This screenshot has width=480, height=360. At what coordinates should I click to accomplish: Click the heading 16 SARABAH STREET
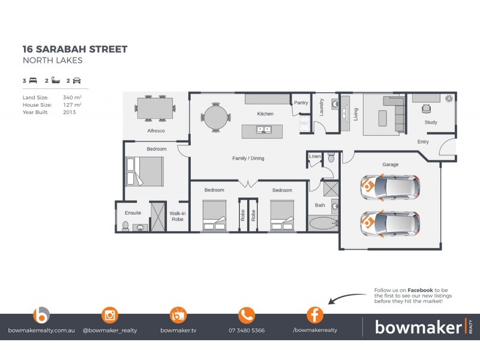[75, 49]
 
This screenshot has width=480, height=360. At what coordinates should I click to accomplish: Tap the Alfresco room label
[156, 130]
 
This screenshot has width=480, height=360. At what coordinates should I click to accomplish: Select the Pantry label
[301, 103]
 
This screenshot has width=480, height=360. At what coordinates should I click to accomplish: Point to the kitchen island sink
[263, 129]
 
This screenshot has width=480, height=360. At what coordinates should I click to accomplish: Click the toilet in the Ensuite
[125, 226]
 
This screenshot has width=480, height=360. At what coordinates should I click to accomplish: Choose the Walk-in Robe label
[177, 216]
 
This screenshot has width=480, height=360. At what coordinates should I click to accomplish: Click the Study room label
[431, 122]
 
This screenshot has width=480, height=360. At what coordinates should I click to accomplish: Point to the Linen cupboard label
[315, 157]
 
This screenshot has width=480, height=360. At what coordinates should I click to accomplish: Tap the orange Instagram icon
[110, 314]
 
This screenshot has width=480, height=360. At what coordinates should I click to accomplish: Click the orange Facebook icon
[315, 314]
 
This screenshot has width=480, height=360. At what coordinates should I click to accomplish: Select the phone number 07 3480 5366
[247, 330]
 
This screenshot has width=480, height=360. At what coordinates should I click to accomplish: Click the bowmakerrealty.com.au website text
[41, 330]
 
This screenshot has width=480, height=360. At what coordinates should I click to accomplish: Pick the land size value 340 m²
[72, 97]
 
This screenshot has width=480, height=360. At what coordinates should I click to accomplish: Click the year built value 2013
[70, 112]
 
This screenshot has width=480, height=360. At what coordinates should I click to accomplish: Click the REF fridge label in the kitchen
[304, 123]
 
